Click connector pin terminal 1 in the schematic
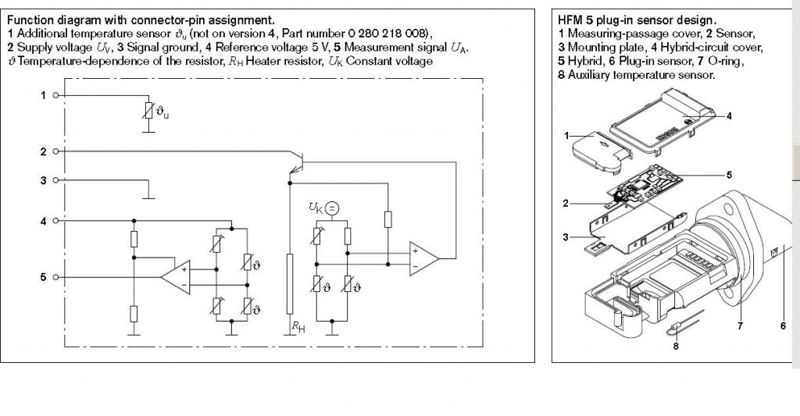coord(55,95)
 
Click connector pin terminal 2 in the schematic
coord(55,151)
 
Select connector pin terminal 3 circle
coord(55,180)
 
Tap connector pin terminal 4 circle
coord(55,221)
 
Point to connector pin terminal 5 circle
coord(55,277)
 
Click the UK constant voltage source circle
coord(331,208)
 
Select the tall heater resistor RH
coord(290,284)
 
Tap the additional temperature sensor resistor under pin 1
coord(148,111)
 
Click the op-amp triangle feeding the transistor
coord(423,258)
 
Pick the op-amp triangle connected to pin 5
coord(176,277)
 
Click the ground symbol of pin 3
coord(148,197)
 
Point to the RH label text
coord(298,327)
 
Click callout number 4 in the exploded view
coord(729,116)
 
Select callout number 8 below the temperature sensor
coord(676,347)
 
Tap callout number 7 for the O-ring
coord(741,325)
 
